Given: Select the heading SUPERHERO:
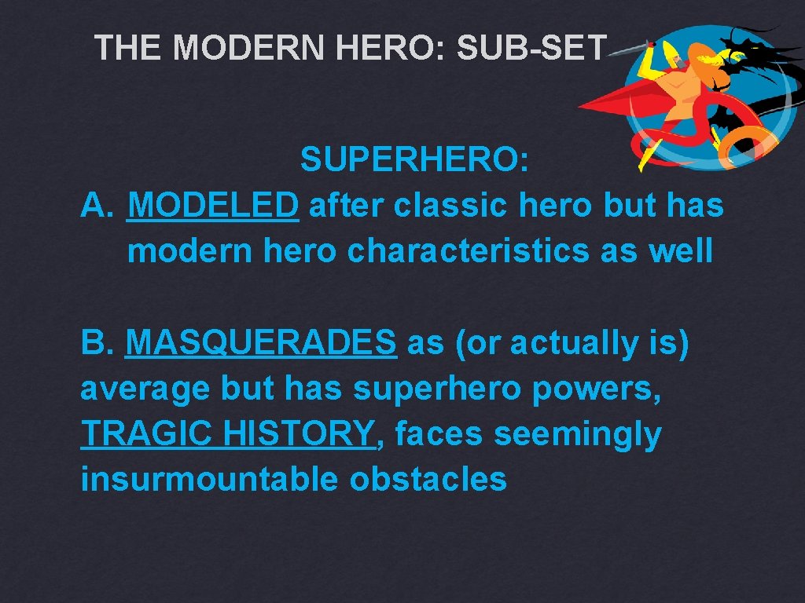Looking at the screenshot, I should point(414,161).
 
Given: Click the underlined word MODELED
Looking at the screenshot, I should point(212,206).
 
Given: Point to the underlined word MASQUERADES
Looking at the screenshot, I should point(261,343).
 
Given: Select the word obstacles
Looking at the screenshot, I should point(428,480).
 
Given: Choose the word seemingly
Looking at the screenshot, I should point(578,434).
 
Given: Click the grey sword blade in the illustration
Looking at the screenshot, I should point(625,49).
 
